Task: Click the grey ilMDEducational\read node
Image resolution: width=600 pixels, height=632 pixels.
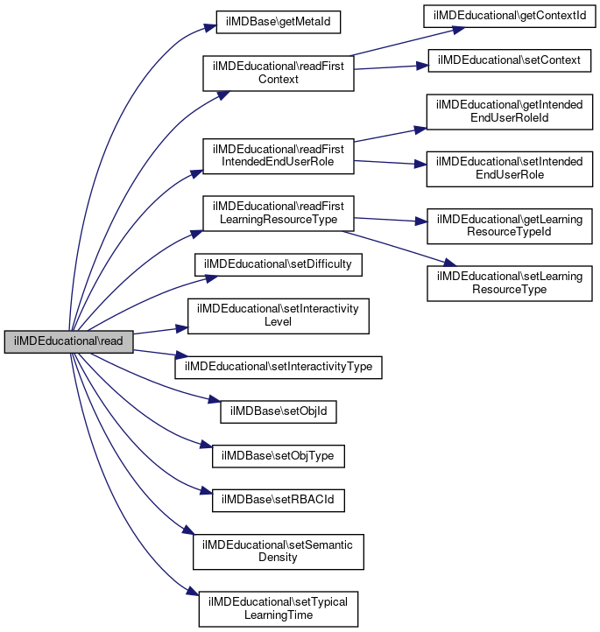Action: [x=68, y=342]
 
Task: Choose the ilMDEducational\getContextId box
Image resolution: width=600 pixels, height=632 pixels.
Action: [x=504, y=17]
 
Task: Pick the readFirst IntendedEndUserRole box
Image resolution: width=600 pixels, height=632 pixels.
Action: [x=278, y=155]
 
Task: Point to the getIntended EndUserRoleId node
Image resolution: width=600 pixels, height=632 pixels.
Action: [x=504, y=111]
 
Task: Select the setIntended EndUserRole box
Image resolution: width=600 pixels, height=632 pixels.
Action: [x=504, y=168]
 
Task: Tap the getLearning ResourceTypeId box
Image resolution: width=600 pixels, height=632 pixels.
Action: [x=504, y=225]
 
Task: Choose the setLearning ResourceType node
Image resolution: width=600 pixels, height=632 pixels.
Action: [x=504, y=282]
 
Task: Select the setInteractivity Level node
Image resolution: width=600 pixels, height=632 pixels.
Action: [x=278, y=315]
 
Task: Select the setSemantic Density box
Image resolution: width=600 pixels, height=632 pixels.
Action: [x=278, y=551]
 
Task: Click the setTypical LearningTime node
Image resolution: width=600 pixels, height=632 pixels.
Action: [x=278, y=608]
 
